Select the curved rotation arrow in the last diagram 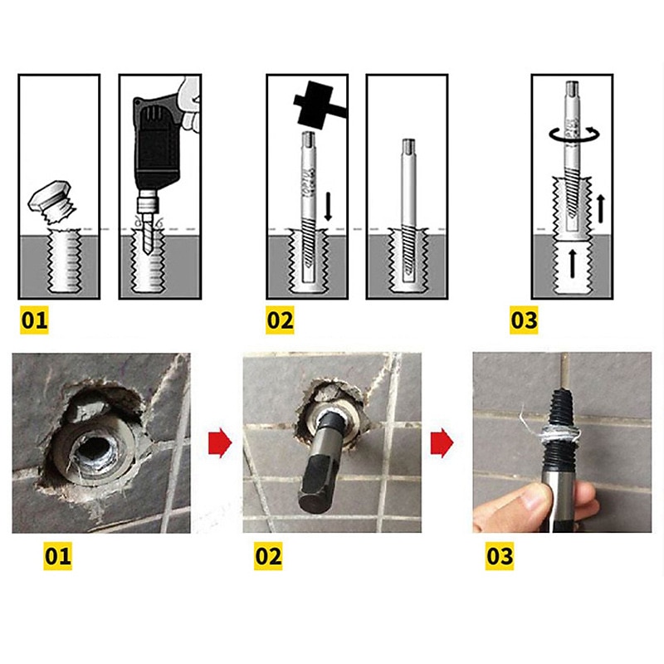[x=570, y=133]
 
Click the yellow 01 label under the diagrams [x=34, y=320]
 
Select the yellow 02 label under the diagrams [x=280, y=320]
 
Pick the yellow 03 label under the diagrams [x=524, y=320]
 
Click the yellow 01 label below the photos [x=57, y=555]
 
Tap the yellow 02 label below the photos [x=268, y=555]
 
